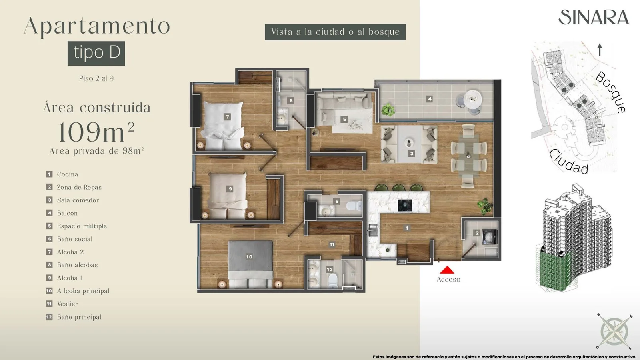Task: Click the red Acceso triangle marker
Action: click(447, 270)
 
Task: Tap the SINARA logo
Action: click(594, 18)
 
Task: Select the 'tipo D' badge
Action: click(96, 54)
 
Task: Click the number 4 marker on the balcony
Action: click(430, 99)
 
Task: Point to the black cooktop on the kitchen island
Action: click(405, 206)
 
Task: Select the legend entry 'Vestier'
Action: click(68, 304)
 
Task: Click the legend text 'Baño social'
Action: click(75, 239)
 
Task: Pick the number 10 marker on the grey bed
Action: click(249, 257)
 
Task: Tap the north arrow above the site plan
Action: click(600, 50)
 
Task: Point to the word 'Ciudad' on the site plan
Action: click(569, 162)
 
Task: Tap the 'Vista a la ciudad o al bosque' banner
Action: click(336, 32)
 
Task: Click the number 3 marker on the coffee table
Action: click(412, 154)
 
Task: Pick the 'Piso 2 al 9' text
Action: click(96, 78)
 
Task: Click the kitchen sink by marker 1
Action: click(373, 230)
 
